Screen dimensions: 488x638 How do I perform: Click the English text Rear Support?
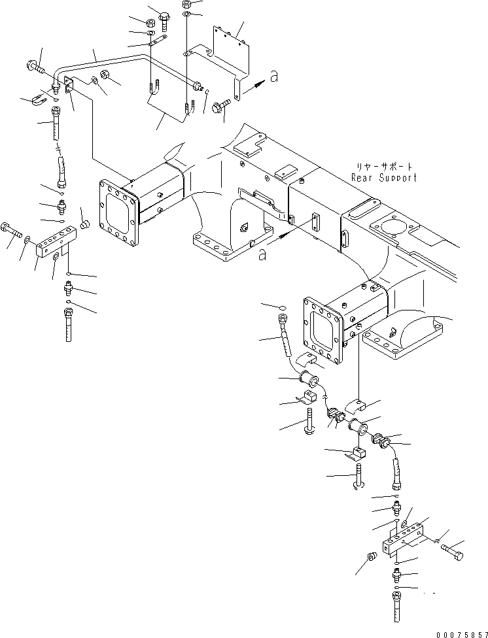[384, 178]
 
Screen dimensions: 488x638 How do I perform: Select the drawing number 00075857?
[462, 634]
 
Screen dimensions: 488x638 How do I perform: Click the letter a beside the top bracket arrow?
[275, 76]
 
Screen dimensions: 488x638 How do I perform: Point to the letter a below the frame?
[263, 255]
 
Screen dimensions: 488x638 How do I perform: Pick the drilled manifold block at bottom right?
[403, 539]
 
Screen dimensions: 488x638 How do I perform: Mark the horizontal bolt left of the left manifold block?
[11, 229]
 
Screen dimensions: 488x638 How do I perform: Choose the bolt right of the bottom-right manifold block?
[453, 551]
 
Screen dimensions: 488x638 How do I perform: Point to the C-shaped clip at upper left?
[39, 99]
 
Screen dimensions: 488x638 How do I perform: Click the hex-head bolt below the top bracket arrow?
[221, 106]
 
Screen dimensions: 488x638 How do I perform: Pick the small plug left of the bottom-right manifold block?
[372, 556]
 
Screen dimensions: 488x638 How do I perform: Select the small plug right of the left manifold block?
[84, 224]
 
